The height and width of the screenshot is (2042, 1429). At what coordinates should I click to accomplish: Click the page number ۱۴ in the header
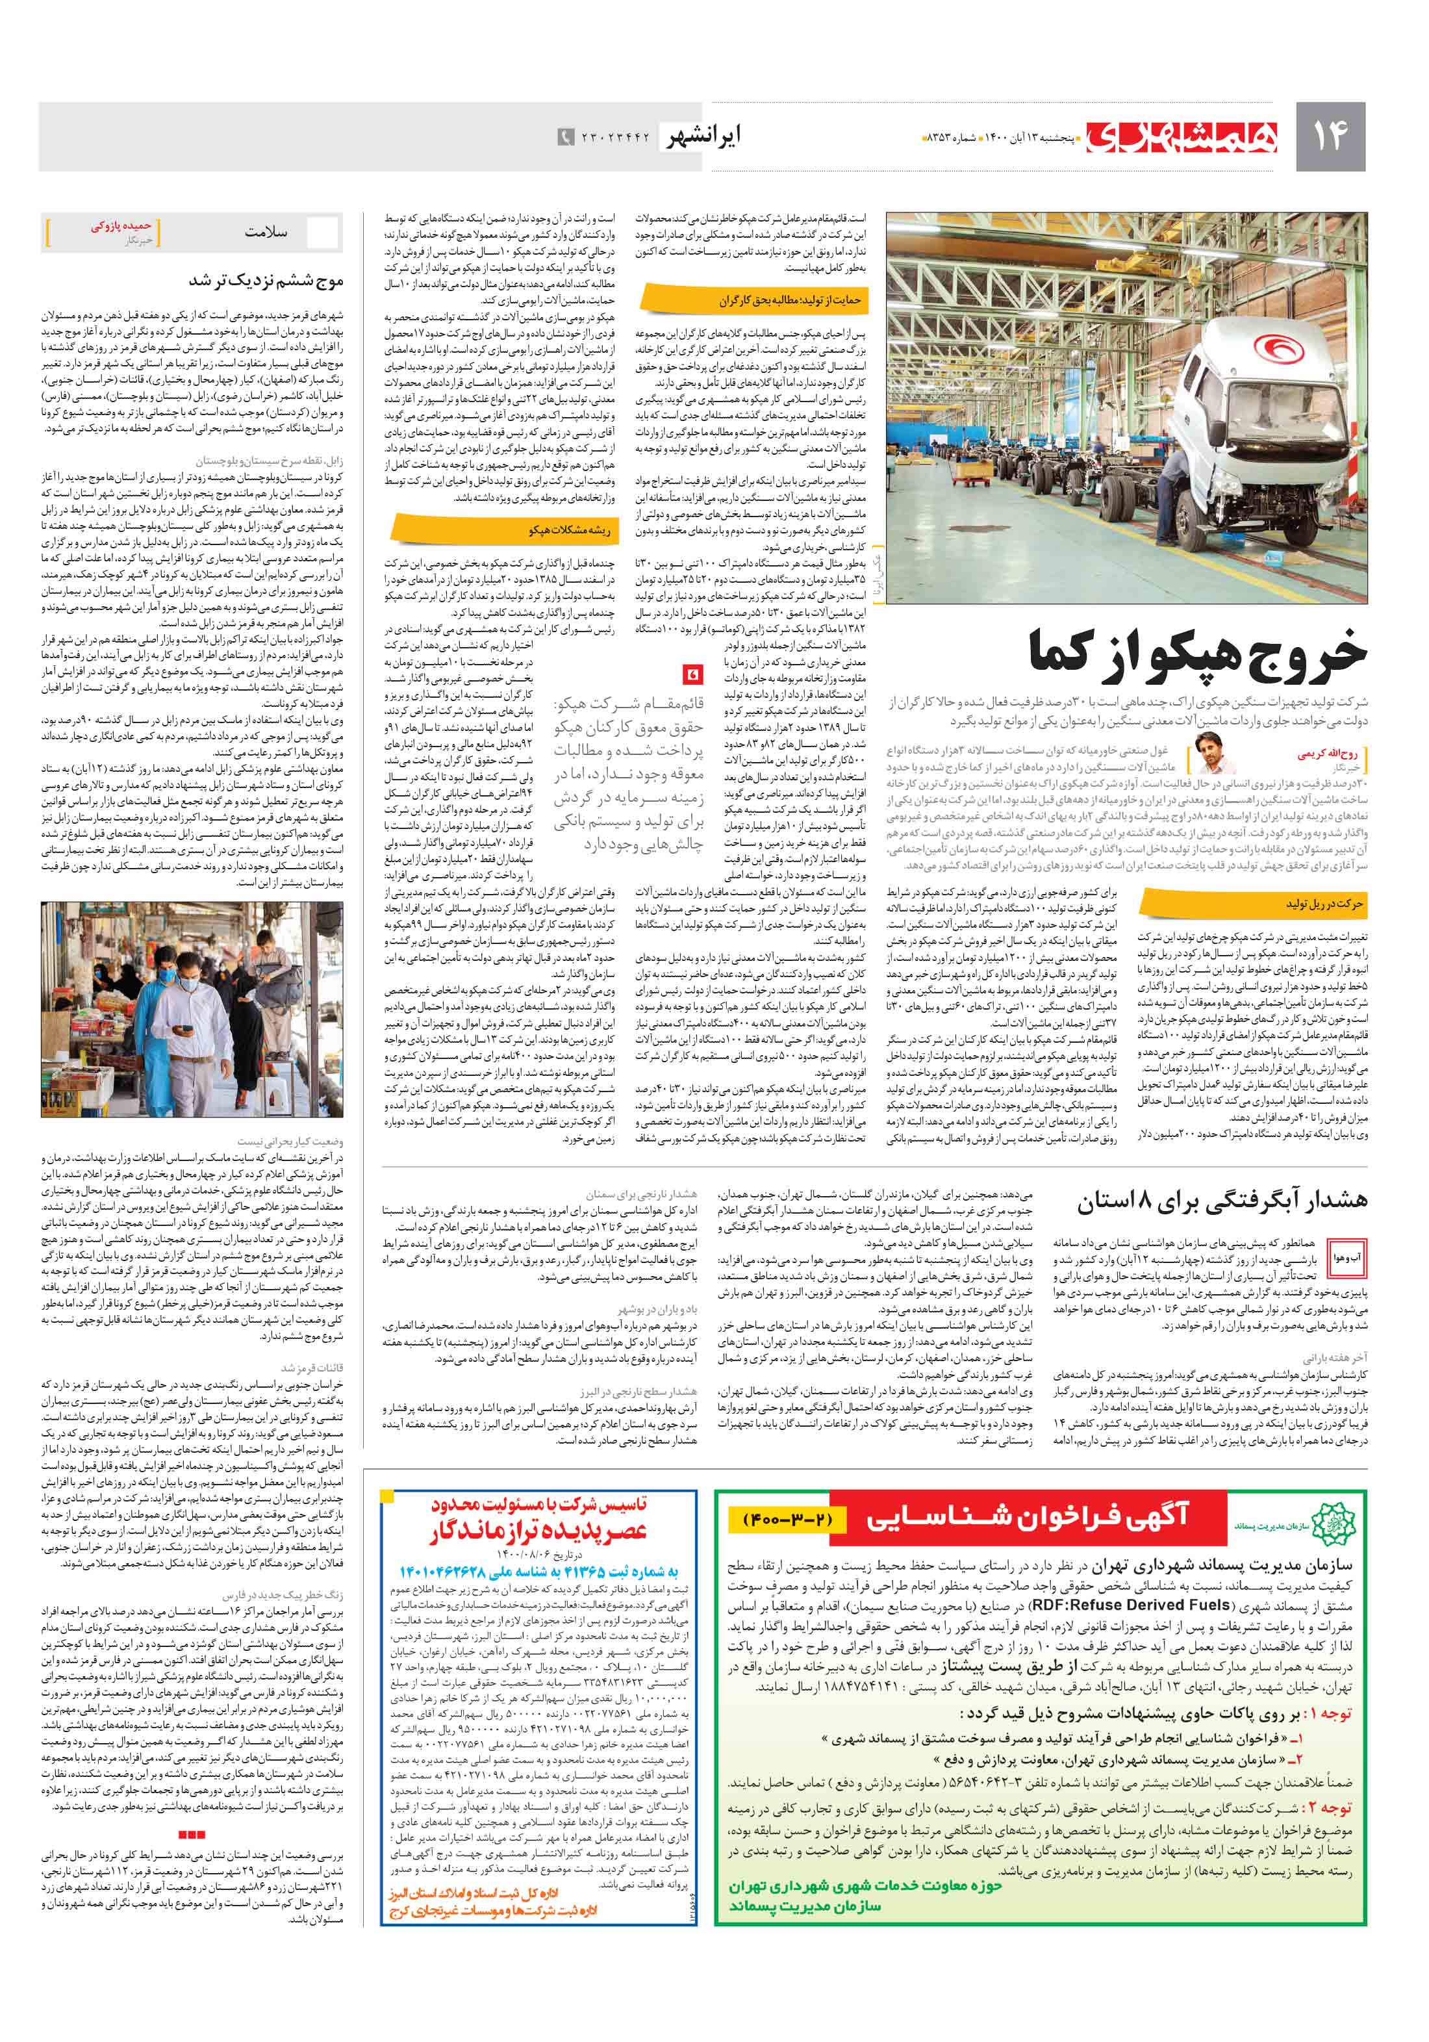1331,136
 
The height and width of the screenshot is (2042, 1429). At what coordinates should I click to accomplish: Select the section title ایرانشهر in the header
703,136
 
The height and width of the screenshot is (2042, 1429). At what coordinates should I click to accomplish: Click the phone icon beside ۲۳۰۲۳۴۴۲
564,138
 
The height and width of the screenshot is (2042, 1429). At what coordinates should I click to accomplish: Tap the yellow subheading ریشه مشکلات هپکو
569,530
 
